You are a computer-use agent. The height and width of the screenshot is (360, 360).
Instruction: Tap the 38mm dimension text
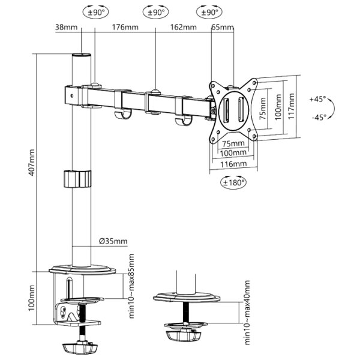65,27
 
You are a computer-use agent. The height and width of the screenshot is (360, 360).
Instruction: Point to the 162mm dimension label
183,27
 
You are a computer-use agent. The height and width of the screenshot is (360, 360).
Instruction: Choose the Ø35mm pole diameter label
113,242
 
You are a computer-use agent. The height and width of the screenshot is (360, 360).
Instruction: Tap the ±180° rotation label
233,182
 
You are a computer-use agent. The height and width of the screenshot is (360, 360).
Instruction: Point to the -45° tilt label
319,118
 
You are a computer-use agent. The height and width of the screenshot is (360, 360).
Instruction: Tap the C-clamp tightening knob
79,347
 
